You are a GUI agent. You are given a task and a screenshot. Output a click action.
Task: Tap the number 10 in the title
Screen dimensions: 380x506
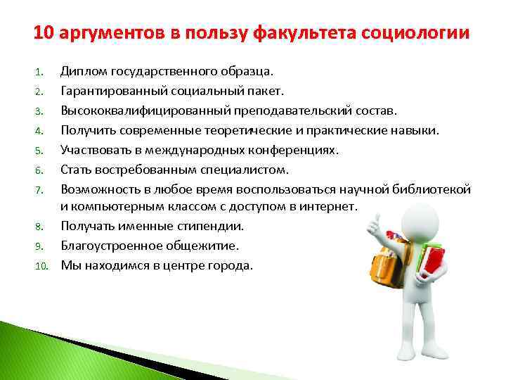(x=43, y=33)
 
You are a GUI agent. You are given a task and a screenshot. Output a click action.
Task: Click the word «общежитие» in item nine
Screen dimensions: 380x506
(x=204, y=246)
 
